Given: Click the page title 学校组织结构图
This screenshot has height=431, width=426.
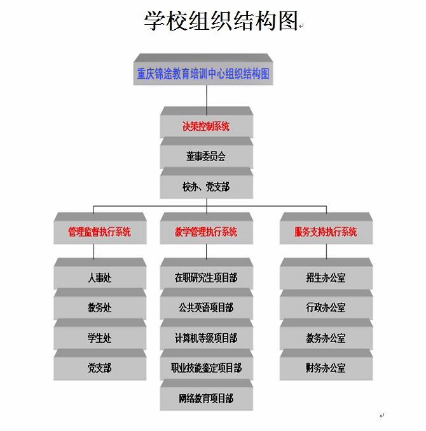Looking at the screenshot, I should pos(221,21).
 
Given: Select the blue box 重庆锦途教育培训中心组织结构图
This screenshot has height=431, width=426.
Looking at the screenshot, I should pos(203,74).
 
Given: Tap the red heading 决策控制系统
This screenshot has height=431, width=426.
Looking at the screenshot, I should pos(206,126).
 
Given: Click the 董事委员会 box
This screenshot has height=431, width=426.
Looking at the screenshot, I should pos(206,156).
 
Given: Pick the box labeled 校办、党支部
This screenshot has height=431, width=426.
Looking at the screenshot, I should pos(206,187).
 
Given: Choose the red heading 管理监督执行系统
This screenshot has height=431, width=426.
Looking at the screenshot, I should pos(100,232).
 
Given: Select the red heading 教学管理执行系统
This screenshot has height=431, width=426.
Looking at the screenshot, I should pos(206,232).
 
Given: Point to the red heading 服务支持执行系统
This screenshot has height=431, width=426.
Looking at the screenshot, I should pos(326,232).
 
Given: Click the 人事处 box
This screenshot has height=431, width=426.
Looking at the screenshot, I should pos(100,277).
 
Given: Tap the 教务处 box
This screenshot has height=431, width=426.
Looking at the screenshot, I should pos(100,308).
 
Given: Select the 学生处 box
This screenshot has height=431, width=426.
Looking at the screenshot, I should pos(100,338).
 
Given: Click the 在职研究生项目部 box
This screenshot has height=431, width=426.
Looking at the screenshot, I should pos(206,277).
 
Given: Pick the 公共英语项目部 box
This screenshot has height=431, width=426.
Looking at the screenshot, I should pos(206,308).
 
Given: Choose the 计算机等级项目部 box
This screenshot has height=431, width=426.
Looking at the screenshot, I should pos(206,338).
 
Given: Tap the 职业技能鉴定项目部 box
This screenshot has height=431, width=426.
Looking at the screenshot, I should pos(206,368).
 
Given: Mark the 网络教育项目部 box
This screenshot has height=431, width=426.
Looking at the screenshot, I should pos(206,399).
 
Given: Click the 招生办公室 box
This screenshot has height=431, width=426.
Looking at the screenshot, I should pos(326,277).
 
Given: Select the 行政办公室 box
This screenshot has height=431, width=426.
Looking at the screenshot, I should pos(326,308).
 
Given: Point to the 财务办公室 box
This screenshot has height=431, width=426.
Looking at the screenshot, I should pos(326,368).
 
